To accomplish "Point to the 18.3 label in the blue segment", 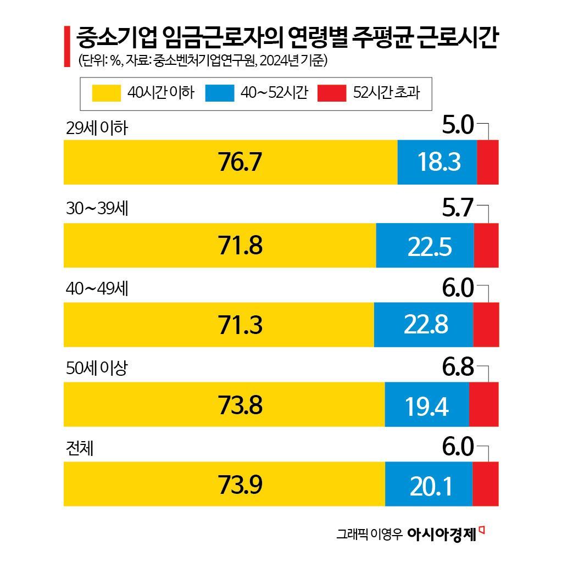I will pos(438,163).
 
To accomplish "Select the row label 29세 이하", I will pos(96,129).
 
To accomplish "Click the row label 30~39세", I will pos(96,209).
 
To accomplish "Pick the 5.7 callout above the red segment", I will pos(458,209).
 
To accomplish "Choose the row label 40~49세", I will pos(96,289).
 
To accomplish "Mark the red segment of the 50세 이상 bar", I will pos(483,404).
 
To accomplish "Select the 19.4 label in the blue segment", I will pos(427,406).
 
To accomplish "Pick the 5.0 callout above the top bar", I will pos(458,127).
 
